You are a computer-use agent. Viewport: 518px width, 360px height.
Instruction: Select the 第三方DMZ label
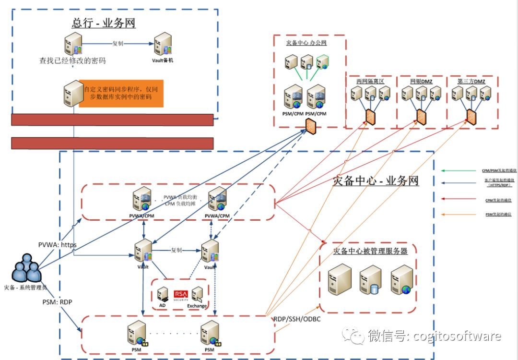[x=471, y=82]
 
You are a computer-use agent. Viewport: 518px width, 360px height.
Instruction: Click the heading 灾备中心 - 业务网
[x=376, y=181]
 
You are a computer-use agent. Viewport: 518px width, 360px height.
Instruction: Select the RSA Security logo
[x=180, y=295]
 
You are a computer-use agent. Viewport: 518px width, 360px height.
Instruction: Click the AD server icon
[x=163, y=294]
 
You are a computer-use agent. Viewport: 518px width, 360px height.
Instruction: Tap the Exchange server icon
[x=197, y=294]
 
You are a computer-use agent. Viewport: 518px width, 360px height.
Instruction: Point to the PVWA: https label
[x=57, y=245]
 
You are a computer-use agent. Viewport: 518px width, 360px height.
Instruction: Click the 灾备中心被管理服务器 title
[x=370, y=251]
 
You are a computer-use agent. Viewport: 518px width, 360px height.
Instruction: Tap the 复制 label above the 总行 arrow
[x=118, y=43]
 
